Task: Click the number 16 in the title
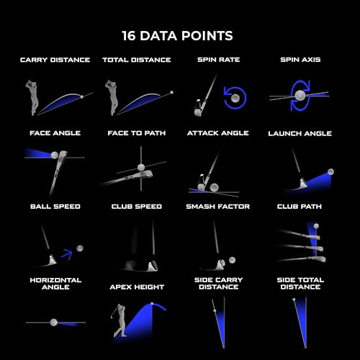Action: point(129,36)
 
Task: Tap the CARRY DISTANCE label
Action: point(55,60)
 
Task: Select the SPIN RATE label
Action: point(218,60)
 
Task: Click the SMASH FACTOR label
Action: point(218,207)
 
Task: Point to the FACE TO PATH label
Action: point(137,133)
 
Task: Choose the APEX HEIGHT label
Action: point(137,287)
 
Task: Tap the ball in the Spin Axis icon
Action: point(300,95)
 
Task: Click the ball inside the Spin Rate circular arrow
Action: point(235,98)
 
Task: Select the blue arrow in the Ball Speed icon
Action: point(67,254)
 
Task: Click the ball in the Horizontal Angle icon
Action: point(54,323)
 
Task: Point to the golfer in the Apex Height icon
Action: point(120,320)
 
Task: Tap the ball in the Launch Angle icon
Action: point(330,171)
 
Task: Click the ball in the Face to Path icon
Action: point(141,167)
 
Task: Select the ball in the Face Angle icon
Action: point(55,155)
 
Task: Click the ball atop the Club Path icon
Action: point(316,226)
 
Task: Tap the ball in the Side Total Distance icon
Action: point(294,300)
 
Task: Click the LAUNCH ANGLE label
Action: point(300,133)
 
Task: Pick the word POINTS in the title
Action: point(207,36)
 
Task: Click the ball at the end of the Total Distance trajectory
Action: point(171,92)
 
